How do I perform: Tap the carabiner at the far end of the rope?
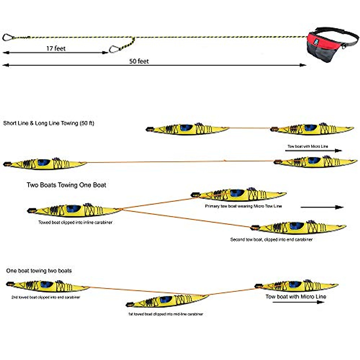pos(8,37)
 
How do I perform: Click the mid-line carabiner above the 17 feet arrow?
pos(114,49)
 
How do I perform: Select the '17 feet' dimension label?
pos(56,48)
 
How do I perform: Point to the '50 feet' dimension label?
pos(139,61)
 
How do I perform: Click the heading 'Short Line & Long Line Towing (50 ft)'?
pos(49,123)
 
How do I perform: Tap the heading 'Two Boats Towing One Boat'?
pos(66,185)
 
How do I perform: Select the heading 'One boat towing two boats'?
pos(39,271)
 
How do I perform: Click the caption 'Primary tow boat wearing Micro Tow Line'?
pos(243,206)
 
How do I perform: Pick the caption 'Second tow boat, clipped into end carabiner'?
pos(271,239)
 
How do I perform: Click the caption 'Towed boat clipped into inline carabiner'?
pos(75,223)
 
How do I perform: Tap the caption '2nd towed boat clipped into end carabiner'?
pos(46,297)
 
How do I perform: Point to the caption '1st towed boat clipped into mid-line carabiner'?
pos(165,314)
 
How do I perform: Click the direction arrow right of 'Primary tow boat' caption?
pos(322,207)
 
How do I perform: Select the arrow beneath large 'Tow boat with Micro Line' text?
pos(298,302)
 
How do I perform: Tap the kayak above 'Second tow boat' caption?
pos(298,227)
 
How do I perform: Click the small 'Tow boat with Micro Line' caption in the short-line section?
pos(308,146)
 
